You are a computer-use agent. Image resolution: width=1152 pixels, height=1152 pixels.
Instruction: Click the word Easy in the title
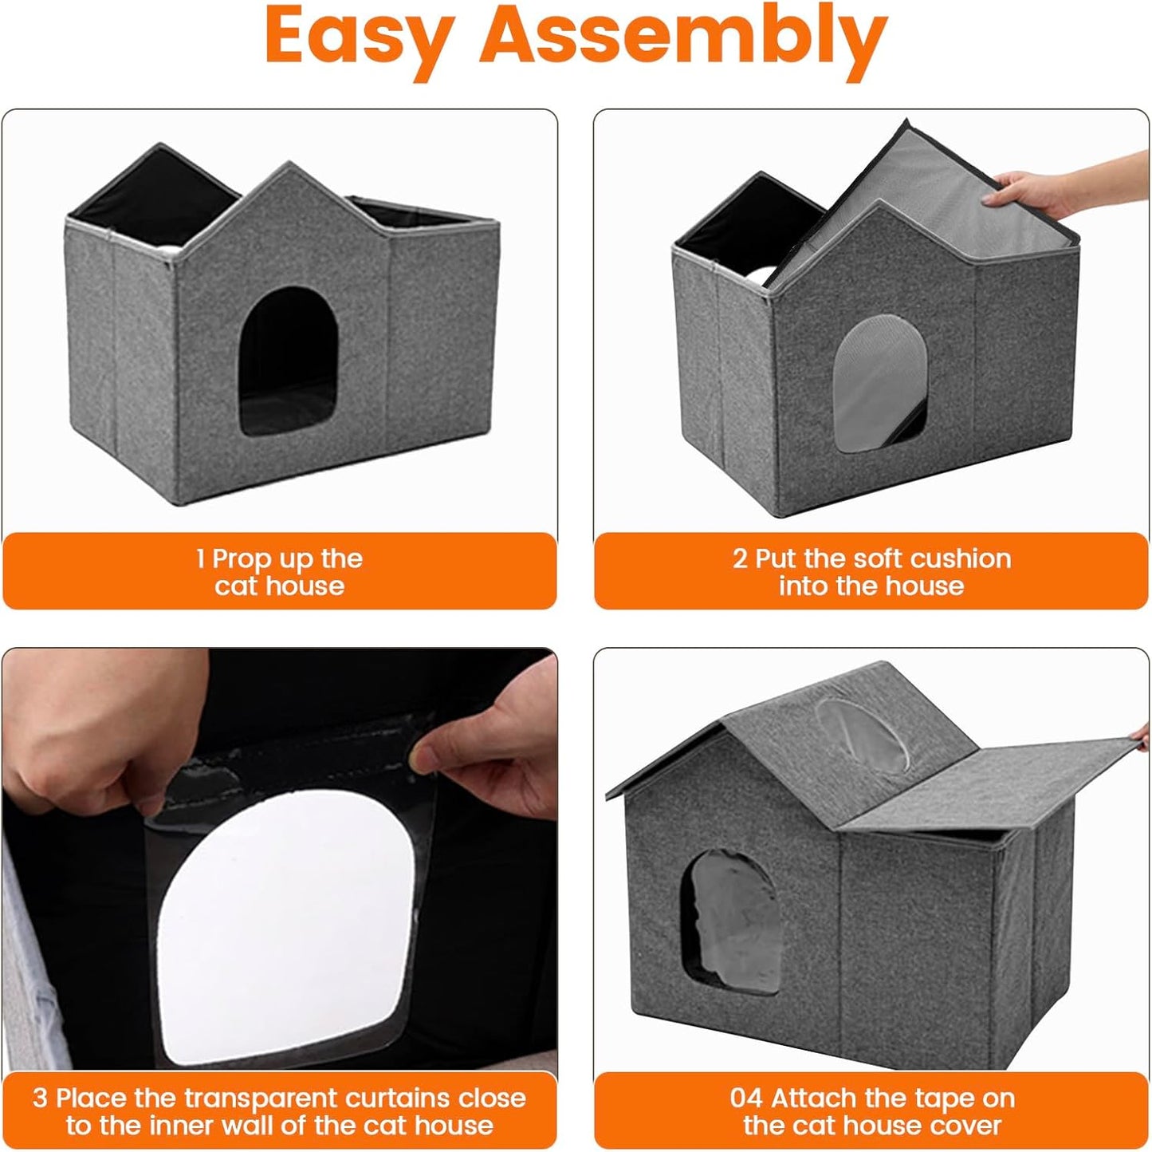[x=360, y=36]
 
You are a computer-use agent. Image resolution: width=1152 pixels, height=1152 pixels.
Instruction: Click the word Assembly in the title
[x=683, y=36]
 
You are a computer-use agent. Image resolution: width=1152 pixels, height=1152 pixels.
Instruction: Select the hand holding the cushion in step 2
[x=1036, y=191]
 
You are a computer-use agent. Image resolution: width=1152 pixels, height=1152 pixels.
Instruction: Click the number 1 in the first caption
[x=201, y=558]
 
